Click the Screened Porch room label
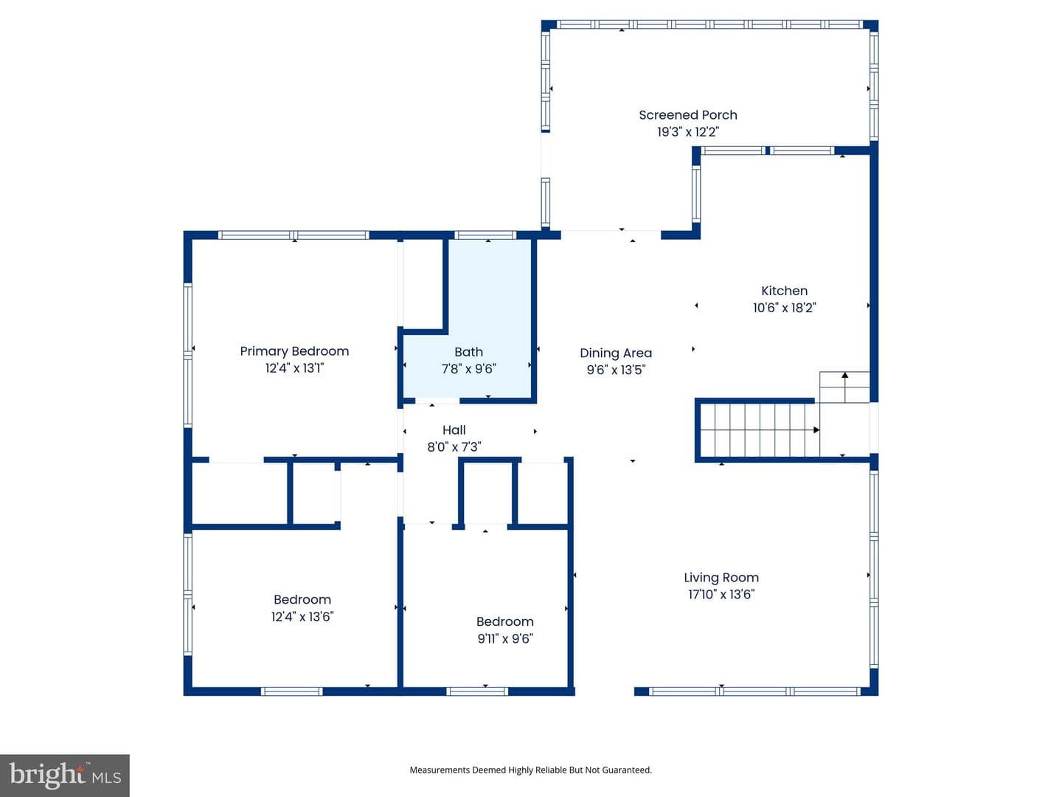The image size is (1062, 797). (687, 115)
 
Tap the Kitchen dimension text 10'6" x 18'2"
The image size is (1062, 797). (784, 308)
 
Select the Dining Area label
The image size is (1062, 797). (616, 353)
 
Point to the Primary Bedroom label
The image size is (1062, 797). (294, 352)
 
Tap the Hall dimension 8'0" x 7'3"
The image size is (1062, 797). (454, 446)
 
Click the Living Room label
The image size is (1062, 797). (721, 577)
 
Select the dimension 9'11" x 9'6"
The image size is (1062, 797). (504, 639)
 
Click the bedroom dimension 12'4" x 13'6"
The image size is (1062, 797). (302, 616)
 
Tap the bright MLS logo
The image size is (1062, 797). (65, 775)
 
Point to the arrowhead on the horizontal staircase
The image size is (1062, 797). (816, 429)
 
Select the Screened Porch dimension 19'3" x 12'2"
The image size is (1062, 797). (687, 131)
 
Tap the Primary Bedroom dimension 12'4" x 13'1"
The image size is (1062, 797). (294, 368)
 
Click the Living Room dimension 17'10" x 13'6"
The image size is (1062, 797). (721, 594)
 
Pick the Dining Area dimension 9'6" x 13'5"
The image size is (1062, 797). (616, 370)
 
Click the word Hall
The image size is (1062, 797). (454, 429)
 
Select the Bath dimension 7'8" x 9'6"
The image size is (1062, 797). (468, 369)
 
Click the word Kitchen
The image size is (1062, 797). (784, 291)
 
